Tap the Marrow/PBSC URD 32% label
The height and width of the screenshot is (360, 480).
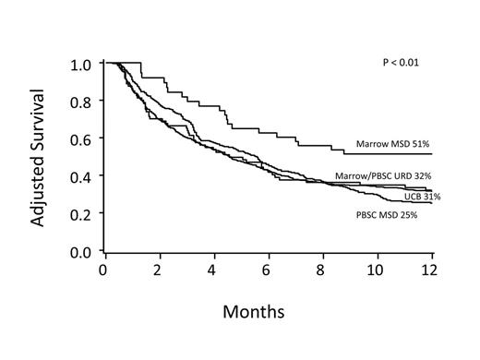(x=383, y=175)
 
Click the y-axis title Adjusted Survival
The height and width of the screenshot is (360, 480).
(x=37, y=157)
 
